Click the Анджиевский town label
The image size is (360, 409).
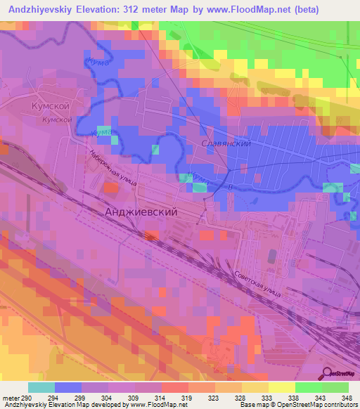coord(139,211)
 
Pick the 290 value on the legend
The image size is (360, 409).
coord(27,398)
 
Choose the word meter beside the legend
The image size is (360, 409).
coord(11,398)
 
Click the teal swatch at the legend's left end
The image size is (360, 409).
coord(41,387)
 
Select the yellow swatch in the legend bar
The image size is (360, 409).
coord(281,387)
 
